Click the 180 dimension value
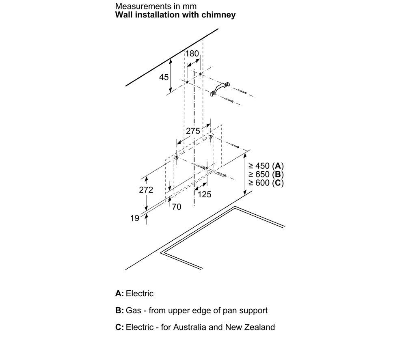(192, 54)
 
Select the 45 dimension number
(164, 77)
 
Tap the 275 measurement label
(193, 131)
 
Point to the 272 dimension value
(146, 190)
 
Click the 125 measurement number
(204, 194)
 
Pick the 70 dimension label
(176, 207)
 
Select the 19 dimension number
(135, 218)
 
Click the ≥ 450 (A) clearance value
(266, 166)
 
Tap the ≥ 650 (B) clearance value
(266, 175)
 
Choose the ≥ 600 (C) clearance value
(266, 183)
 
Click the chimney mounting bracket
(220, 89)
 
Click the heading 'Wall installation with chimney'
(175, 15)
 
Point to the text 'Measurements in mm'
(156, 6)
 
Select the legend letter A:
(119, 293)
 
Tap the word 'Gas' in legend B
(133, 310)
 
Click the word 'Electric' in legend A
(140, 293)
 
